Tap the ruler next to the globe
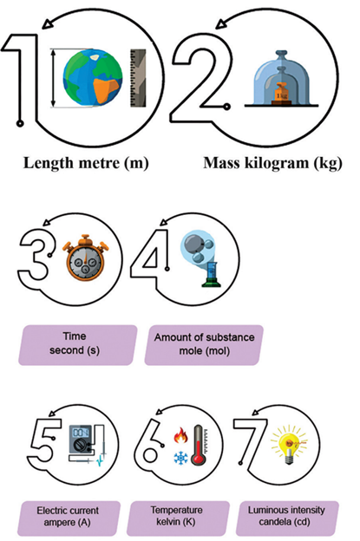138,78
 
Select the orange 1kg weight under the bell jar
282,93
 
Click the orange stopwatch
85,257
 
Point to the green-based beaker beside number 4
211,274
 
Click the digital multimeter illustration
82,439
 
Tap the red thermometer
199,444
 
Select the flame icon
181,435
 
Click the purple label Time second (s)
77,345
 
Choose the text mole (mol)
205,351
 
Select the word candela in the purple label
272,522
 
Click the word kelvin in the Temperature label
169,521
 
